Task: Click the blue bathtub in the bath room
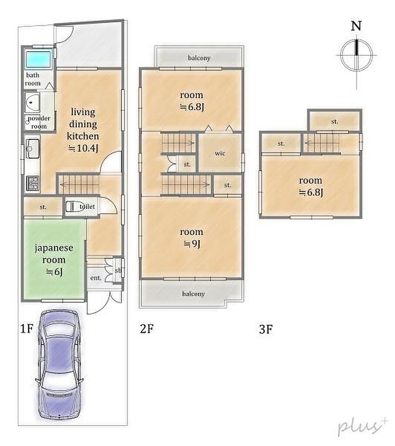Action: (39, 59)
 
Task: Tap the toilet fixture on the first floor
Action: (72, 206)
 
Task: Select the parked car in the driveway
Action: (60, 364)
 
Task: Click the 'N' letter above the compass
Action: (356, 26)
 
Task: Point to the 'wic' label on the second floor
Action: (220, 153)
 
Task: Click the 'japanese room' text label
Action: (54, 254)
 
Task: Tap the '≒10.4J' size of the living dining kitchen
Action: (83, 148)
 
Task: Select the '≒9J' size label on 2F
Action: (192, 244)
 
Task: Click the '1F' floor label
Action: (27, 329)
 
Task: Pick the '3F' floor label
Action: (266, 329)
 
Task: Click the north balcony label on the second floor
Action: (199, 58)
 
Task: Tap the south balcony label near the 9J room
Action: (193, 294)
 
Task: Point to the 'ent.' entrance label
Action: (95, 277)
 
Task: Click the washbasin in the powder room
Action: (32, 102)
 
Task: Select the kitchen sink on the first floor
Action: (33, 148)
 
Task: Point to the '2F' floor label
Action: (147, 328)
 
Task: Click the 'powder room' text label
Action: (39, 122)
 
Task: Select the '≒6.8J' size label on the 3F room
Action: (311, 193)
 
